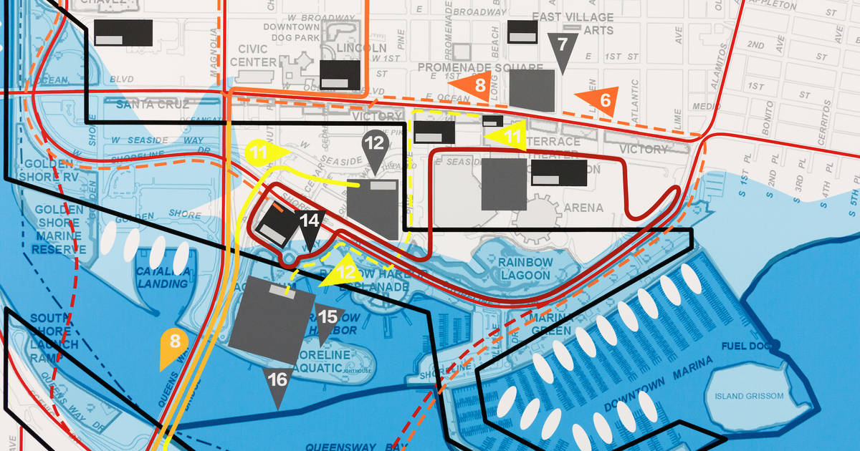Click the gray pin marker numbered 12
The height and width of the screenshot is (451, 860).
[x=374, y=146]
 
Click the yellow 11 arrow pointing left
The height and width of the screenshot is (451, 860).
[x=507, y=134]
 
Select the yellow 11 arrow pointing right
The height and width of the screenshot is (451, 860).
[x=264, y=152]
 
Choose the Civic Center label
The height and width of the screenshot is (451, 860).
[x=253, y=56]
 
